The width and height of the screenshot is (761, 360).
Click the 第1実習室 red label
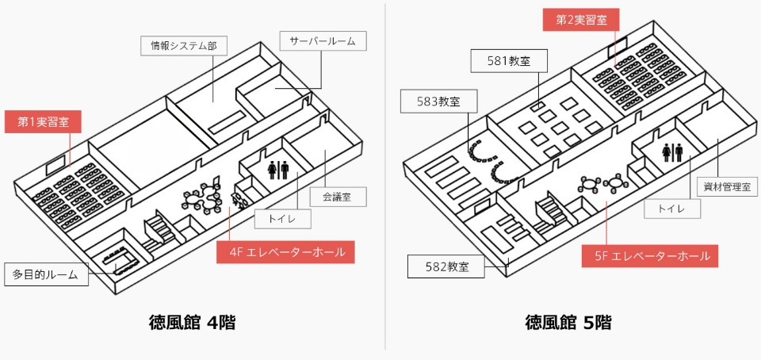click(43, 122)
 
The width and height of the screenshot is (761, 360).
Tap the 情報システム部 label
click(184, 46)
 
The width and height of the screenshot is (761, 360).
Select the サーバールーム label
click(323, 41)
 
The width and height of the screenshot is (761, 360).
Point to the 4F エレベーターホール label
click(286, 252)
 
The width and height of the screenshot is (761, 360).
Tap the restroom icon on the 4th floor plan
click(277, 169)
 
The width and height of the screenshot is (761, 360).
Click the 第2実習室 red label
click(581, 20)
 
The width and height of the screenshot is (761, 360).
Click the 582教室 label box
click(446, 266)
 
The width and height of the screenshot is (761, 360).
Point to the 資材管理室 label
click(726, 187)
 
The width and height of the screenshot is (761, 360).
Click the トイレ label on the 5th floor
click(671, 209)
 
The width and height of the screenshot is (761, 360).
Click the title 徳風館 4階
click(192, 323)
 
